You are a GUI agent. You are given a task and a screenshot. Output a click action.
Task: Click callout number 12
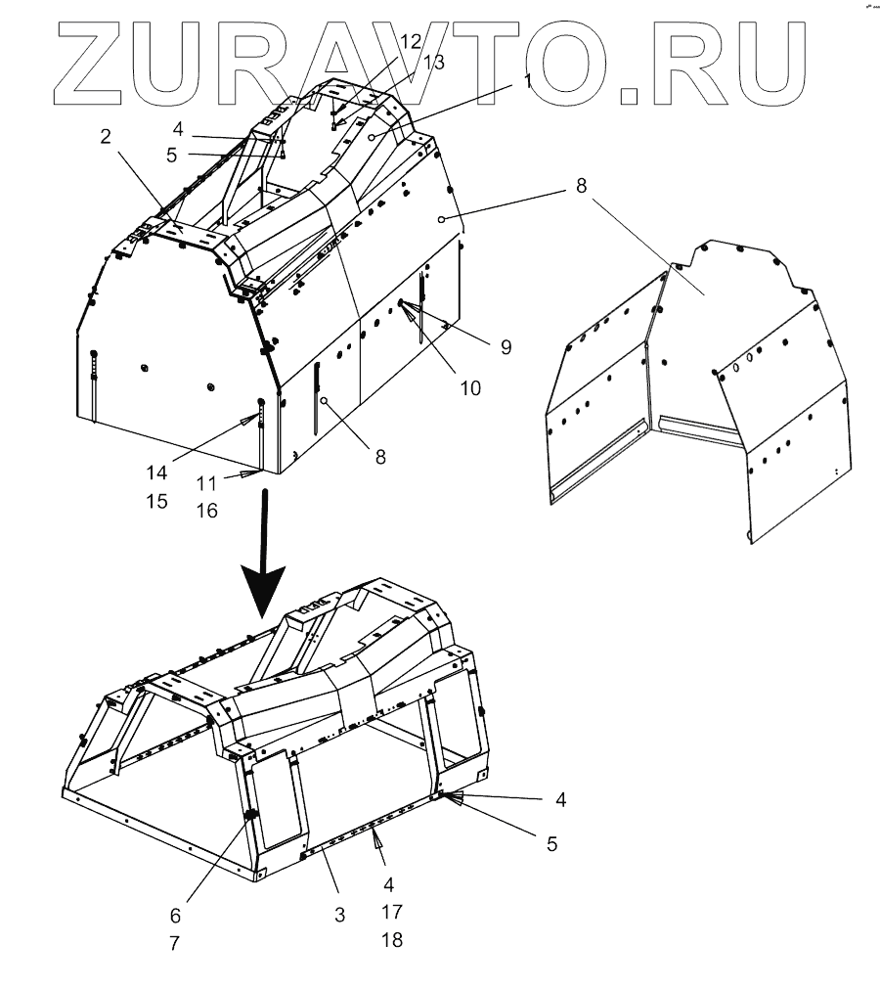(412, 42)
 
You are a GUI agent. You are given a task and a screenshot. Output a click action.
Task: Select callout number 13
(433, 63)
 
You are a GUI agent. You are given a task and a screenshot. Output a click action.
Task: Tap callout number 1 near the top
(528, 82)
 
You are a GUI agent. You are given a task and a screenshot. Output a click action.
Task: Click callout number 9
(506, 346)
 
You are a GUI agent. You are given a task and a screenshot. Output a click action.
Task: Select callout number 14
(157, 472)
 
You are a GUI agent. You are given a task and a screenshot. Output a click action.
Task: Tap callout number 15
(157, 501)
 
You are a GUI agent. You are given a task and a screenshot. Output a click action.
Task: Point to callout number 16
(205, 510)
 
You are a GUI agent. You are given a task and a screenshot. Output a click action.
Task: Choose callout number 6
(175, 916)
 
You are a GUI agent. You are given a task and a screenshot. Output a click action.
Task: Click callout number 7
(175, 944)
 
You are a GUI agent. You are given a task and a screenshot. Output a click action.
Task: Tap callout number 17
(391, 912)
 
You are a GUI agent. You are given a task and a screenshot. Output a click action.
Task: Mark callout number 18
(391, 940)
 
